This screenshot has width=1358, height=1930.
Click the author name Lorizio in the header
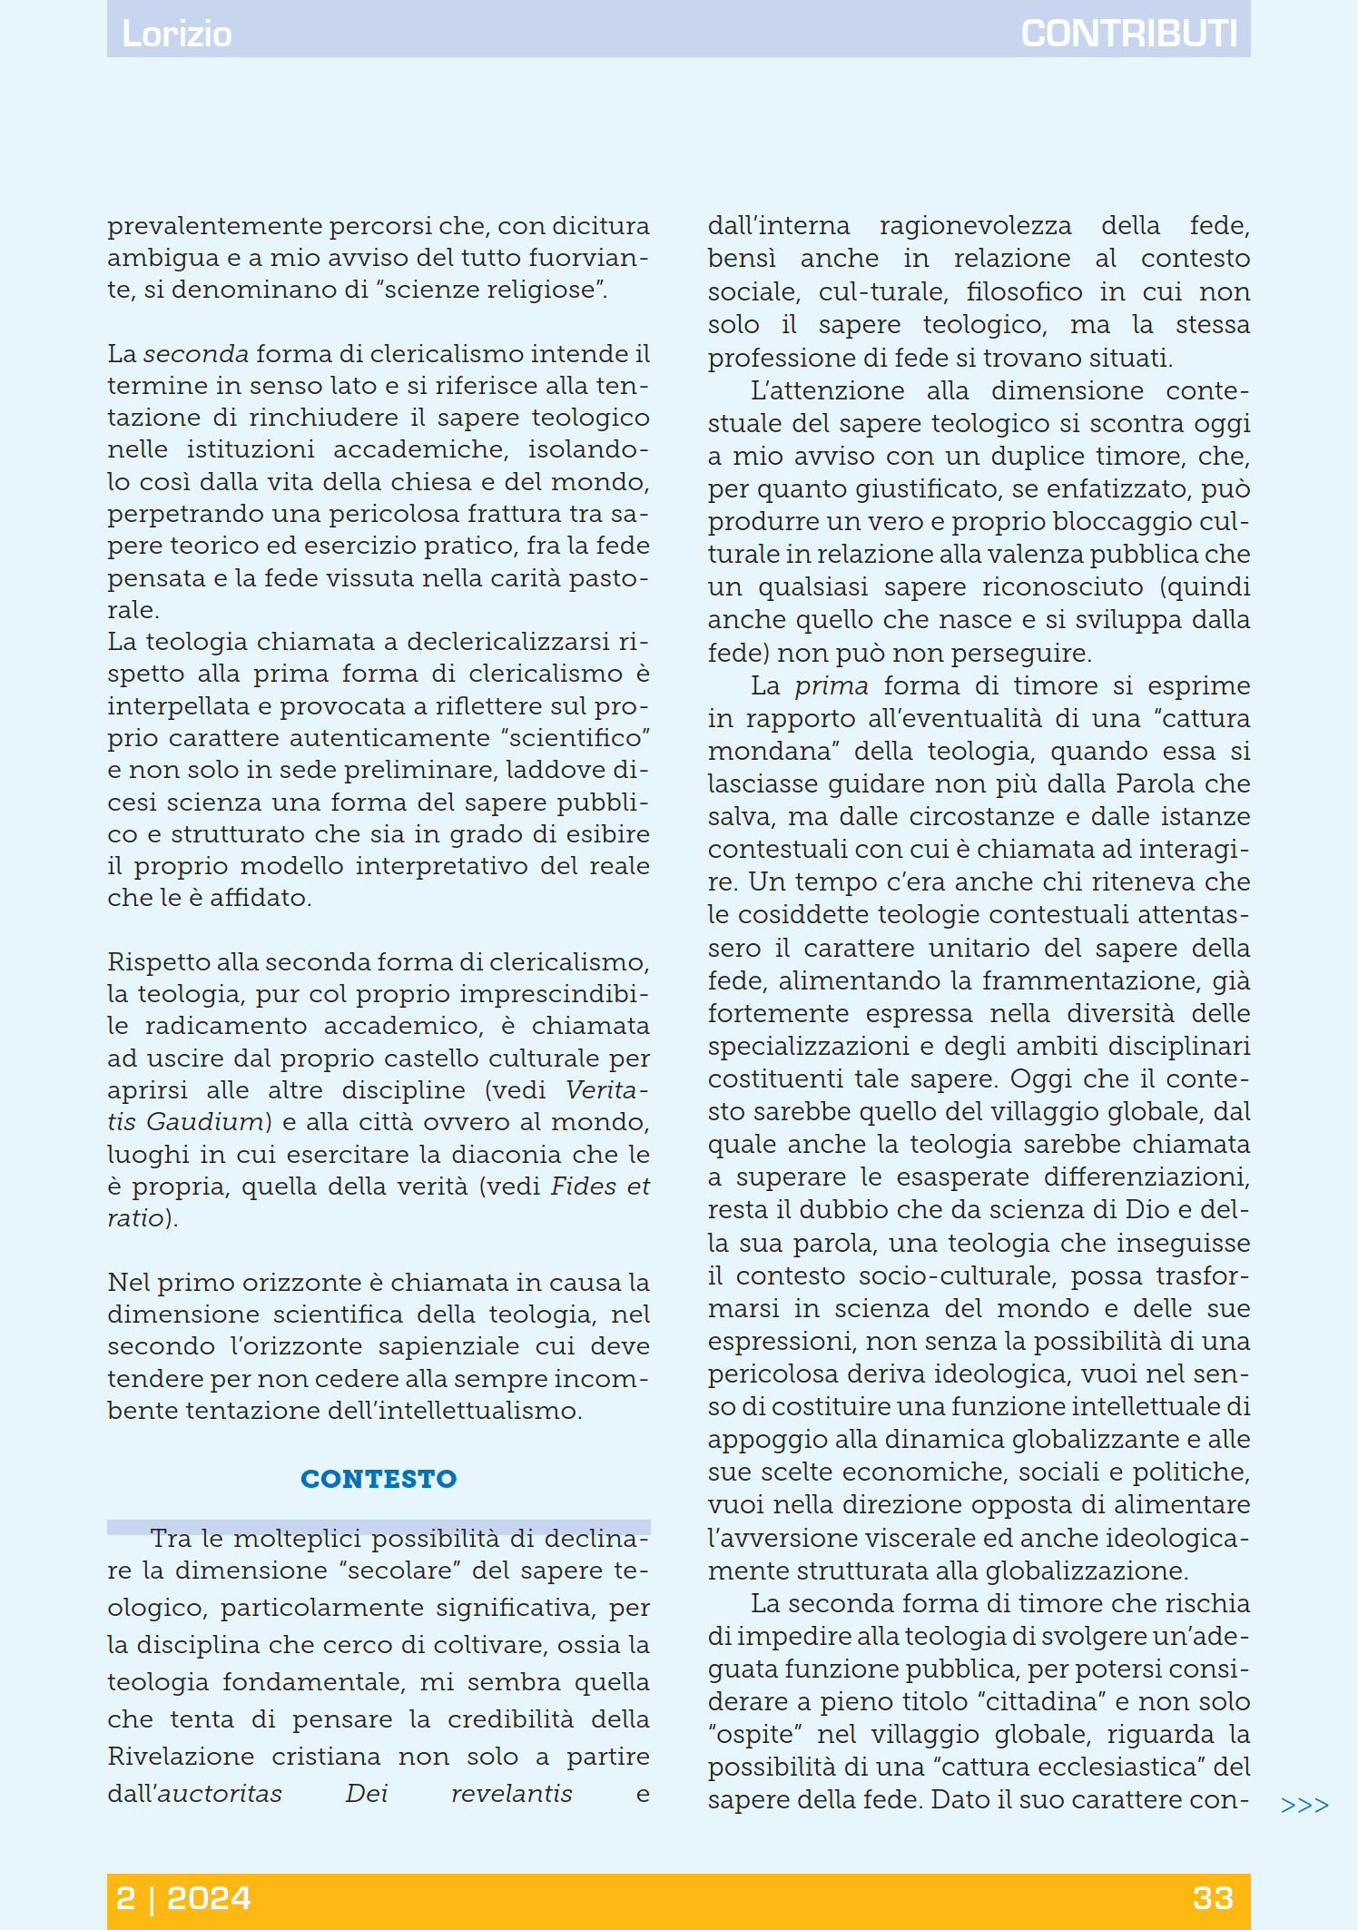click(177, 34)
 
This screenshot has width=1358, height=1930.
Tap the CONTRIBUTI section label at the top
click(1128, 34)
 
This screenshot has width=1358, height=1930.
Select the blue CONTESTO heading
click(379, 1479)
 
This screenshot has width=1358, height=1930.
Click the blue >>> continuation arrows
click(1304, 1805)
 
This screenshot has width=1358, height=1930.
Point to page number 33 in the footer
click(1213, 1898)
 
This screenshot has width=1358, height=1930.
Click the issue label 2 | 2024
click(183, 1898)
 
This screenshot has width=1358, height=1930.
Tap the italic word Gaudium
click(204, 1123)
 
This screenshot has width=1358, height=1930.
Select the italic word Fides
click(580, 1187)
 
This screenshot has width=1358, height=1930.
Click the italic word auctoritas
click(220, 1794)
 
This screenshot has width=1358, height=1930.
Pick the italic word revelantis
click(512, 1794)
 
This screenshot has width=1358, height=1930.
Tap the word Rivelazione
click(181, 1757)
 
